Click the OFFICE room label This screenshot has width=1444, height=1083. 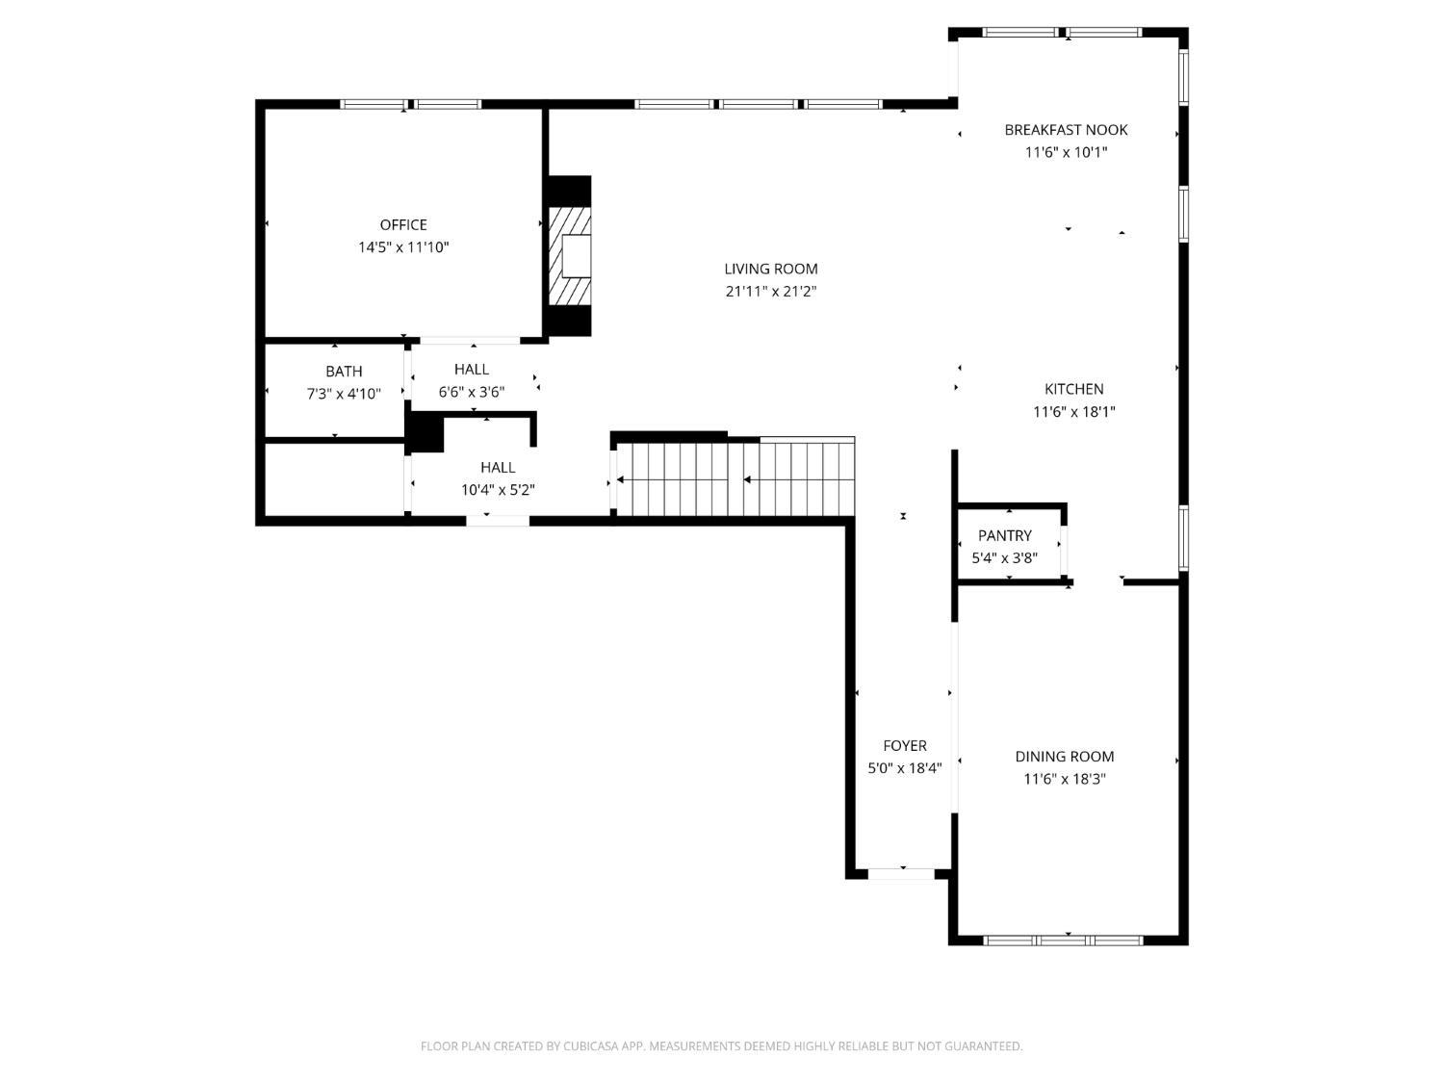(x=403, y=225)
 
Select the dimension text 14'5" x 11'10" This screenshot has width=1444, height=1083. (x=403, y=247)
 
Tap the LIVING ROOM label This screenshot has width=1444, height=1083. (x=771, y=270)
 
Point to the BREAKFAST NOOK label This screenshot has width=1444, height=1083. (x=1066, y=130)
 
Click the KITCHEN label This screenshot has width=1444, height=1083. (x=1073, y=389)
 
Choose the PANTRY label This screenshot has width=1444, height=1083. (x=1004, y=535)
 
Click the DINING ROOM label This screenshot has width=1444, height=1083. (x=1064, y=757)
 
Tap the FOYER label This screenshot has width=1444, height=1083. (x=905, y=745)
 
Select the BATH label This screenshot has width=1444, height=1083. (x=344, y=372)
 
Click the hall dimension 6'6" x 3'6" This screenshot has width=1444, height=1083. (x=471, y=392)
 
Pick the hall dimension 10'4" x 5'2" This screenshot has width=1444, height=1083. (x=498, y=490)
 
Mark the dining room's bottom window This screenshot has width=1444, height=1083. (x=1064, y=939)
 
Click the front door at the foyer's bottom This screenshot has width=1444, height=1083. (x=902, y=873)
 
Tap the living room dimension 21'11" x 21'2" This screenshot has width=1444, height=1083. (x=771, y=292)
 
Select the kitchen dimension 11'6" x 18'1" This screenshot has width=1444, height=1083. (x=1073, y=412)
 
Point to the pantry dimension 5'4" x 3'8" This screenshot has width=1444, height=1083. (x=1004, y=557)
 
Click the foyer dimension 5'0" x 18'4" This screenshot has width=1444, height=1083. (x=905, y=767)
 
